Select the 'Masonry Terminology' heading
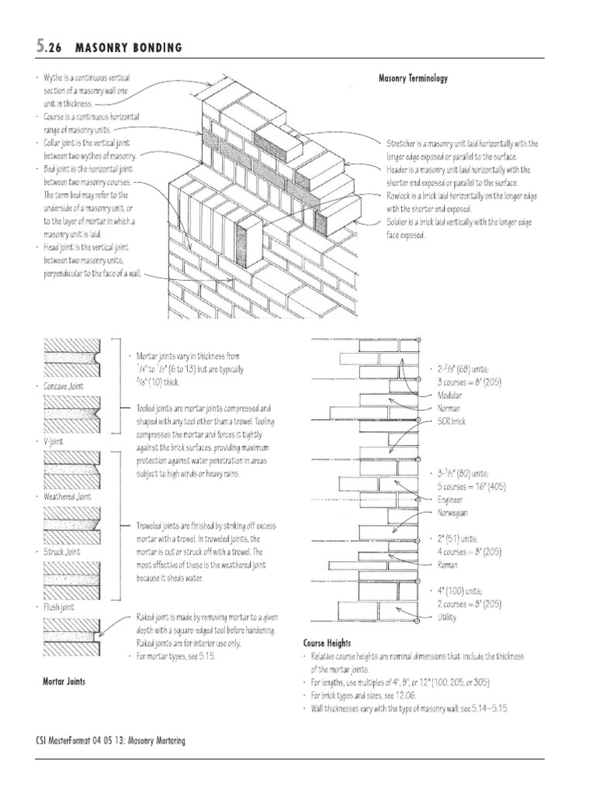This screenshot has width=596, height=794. click(x=412, y=78)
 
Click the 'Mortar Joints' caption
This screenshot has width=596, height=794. click(x=64, y=682)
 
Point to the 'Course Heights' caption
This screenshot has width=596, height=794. click(x=327, y=643)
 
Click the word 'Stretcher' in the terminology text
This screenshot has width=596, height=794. click(x=400, y=143)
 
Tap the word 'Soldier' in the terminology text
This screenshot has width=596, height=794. click(x=397, y=223)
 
